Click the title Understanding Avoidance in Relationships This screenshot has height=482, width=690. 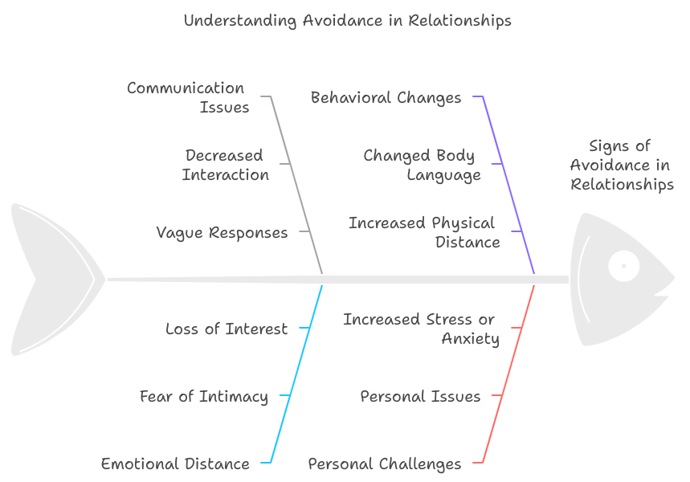tap(348, 21)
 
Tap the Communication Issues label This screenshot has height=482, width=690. tap(188, 98)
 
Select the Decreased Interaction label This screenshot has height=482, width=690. tap(225, 165)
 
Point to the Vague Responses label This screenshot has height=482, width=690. tap(222, 232)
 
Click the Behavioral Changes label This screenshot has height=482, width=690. tap(386, 98)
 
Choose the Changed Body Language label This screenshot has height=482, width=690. tap(422, 165)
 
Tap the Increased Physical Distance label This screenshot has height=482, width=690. tap(424, 232)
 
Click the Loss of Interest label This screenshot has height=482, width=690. tap(227, 329)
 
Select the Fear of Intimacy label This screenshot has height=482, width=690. tap(204, 397)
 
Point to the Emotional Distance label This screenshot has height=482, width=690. tap(175, 464)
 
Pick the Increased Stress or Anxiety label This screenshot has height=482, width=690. tap(421, 329)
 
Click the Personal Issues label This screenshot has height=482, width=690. tap(420, 396)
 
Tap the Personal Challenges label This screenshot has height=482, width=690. tap(385, 464)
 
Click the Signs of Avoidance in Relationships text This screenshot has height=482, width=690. tap(622, 165)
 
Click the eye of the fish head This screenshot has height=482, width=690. tap(623, 266)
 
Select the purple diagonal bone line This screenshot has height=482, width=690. tap(508, 185)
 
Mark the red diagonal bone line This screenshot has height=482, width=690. tap(508, 374)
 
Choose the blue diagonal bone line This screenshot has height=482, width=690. tap(296, 374)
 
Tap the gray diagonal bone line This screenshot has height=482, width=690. tap(296, 185)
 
